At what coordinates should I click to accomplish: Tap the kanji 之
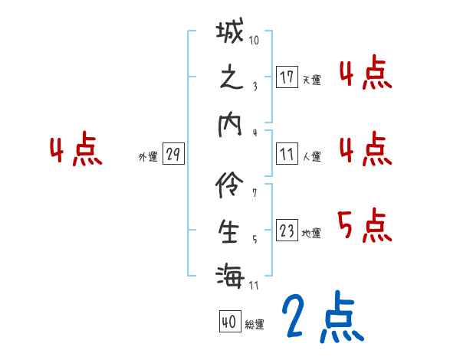click(231, 80)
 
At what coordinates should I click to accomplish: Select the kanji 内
click(231, 126)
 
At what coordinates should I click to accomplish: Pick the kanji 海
click(231, 274)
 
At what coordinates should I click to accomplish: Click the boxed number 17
click(287, 77)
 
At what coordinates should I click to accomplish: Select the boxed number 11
click(287, 155)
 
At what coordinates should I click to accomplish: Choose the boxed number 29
click(172, 155)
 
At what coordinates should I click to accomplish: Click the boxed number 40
click(228, 322)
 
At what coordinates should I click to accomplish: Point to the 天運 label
click(311, 80)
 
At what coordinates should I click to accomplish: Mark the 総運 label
click(254, 325)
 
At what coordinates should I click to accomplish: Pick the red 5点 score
click(364, 224)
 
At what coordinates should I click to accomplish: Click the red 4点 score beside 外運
click(75, 151)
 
